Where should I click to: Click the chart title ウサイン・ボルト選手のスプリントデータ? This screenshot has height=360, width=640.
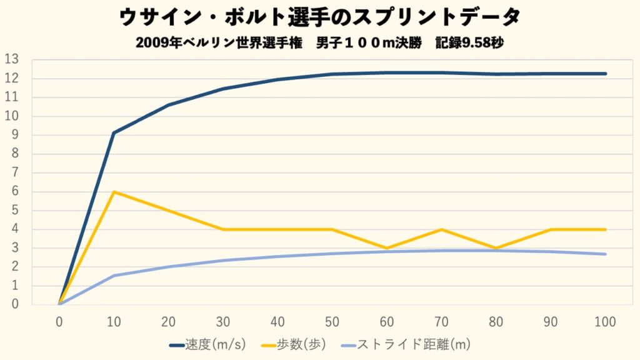pos(319,17)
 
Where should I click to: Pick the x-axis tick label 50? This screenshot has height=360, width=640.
pos(332,322)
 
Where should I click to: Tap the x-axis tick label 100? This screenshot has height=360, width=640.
pos(605,322)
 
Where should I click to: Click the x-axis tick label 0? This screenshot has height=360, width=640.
pos(59,322)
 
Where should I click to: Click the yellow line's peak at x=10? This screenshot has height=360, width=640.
pos(114,192)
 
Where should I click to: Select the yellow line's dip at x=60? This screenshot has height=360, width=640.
pos(387,248)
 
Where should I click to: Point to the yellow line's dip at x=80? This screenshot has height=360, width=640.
pos(496,248)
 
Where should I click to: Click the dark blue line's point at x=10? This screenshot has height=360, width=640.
pos(114,132)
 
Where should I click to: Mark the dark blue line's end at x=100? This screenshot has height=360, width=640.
pos(605,74)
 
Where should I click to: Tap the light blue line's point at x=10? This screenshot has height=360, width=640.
pos(114,276)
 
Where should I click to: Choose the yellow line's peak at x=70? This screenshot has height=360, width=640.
pos(442,229)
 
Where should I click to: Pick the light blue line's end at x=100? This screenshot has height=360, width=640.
pos(605,254)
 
